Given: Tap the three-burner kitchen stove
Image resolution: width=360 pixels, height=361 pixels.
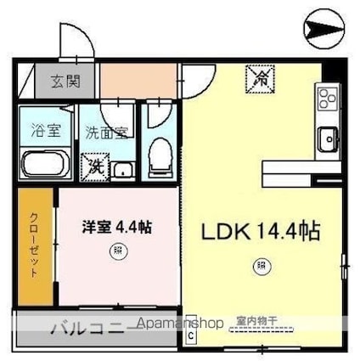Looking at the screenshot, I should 326,100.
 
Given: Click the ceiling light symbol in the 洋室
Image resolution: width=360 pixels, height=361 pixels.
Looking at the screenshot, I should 114,251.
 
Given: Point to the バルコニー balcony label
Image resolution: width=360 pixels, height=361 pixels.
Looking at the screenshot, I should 92,326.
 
